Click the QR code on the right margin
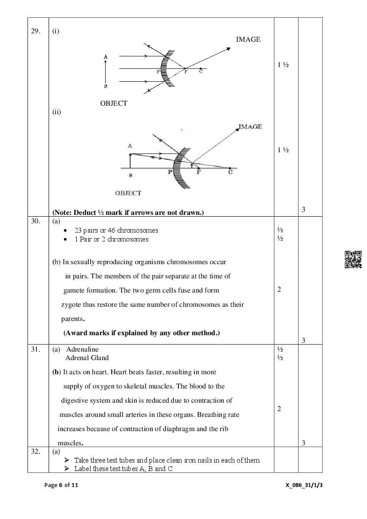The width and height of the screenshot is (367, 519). click(x=353, y=260)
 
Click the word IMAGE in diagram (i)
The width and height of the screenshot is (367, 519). click(x=248, y=40)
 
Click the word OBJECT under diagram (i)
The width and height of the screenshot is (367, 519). click(x=114, y=103)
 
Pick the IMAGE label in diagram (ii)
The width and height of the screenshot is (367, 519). click(x=250, y=127)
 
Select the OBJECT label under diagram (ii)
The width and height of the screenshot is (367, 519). click(x=128, y=193)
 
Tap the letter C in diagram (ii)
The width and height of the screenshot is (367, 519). click(x=230, y=172)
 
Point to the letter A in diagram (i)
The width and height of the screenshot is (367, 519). click(x=106, y=57)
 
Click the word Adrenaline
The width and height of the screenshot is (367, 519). click(x=82, y=349)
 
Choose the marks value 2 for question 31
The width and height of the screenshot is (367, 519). click(x=279, y=409)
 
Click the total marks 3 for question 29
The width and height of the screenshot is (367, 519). click(x=304, y=210)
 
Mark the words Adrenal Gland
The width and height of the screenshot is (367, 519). click(x=87, y=358)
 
